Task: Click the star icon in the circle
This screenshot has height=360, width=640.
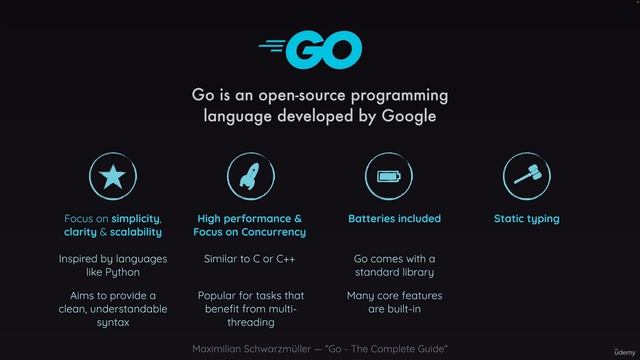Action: coord(112,177)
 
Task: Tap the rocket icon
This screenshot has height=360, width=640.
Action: coord(250,177)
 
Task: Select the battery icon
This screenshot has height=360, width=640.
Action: coord(388,177)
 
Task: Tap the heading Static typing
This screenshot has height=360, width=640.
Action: coord(526,218)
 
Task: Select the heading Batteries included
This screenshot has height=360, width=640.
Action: coord(394,218)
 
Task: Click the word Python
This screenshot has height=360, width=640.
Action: coord(122,272)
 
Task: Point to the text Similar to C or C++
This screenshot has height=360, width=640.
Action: coord(249,259)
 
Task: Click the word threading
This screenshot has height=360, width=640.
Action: coord(249,323)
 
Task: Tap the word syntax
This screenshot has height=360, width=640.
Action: coord(113,323)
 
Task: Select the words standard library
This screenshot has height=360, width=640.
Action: coord(394,272)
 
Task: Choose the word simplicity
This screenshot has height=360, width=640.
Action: coord(136,218)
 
